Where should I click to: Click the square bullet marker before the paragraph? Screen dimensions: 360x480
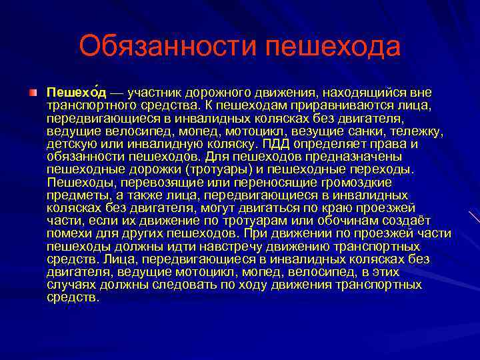pyautogui.click(x=33, y=91)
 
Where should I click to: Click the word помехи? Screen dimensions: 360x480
pyautogui.click(x=68, y=234)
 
